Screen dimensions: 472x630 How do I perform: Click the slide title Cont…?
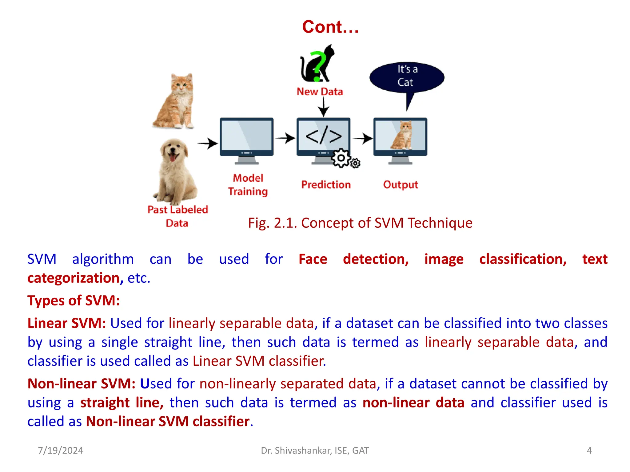[330, 27]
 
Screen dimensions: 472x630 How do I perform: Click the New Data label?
[320, 92]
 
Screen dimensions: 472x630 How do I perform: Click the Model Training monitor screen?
[246, 136]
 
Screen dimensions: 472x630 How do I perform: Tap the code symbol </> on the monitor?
[323, 136]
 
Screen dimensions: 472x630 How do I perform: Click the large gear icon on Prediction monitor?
[341, 158]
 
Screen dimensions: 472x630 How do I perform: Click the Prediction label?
[326, 184]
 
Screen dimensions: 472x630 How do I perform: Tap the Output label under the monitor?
[401, 184]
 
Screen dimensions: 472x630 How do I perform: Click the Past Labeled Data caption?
[177, 216]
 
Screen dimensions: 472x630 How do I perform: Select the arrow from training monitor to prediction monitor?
[285, 138]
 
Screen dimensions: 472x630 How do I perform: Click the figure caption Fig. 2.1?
[360, 223]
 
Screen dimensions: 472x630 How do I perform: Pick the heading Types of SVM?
[74, 301]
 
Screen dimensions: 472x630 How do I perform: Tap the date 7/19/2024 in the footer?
[61, 450]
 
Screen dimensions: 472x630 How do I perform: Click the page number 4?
[589, 450]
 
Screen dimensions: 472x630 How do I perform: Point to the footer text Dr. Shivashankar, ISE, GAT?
[315, 450]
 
